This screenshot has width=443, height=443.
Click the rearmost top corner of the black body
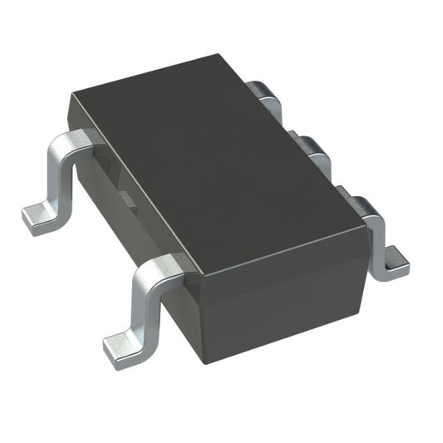[224, 57]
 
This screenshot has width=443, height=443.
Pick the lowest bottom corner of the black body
[204, 359]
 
